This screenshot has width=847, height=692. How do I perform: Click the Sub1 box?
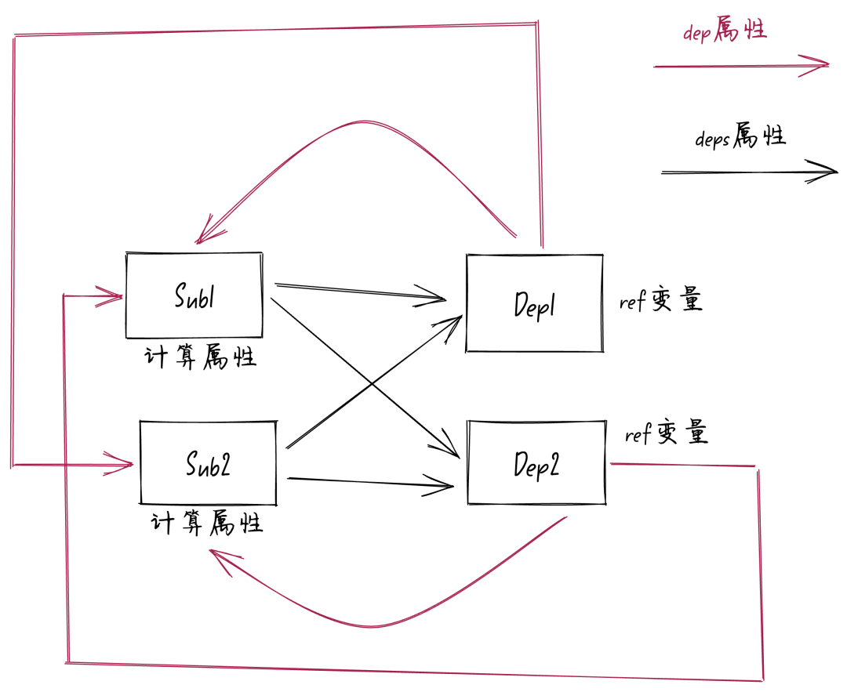click(x=194, y=295)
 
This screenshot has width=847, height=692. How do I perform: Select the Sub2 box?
click(x=208, y=463)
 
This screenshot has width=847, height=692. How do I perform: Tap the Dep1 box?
click(x=534, y=303)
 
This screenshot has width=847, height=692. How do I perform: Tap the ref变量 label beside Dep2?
click(x=667, y=433)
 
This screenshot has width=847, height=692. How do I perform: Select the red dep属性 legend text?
click(x=724, y=32)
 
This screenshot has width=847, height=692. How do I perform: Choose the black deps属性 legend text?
click(x=740, y=139)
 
